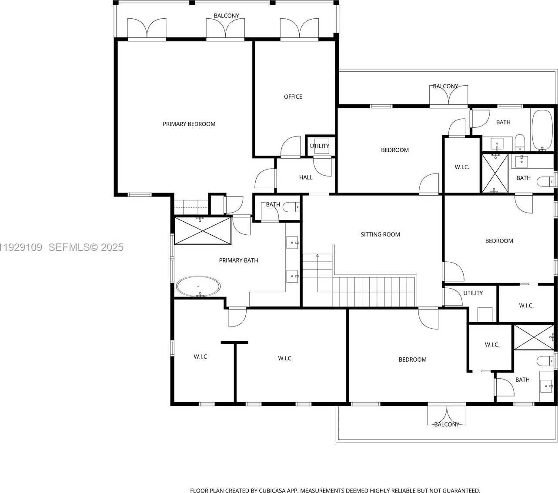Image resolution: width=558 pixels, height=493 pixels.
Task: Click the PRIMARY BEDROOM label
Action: point(189,124)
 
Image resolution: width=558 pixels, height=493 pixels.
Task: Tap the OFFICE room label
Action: point(293,97)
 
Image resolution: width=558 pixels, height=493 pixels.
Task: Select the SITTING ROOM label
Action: point(381,234)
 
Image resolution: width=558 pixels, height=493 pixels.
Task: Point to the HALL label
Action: point(306,177)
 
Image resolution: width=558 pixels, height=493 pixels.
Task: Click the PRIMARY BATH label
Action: point(238,260)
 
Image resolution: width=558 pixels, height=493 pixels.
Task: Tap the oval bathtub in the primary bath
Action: point(198,286)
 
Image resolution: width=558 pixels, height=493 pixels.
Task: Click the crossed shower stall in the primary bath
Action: point(203,231)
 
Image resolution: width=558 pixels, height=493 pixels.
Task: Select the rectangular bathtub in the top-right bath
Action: point(542,130)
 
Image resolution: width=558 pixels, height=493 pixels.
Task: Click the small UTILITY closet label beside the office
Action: point(320,146)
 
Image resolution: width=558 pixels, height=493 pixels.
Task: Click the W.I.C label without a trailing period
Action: point(200,356)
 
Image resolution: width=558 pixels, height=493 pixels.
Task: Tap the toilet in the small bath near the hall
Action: point(291,207)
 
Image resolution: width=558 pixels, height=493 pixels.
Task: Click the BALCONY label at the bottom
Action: point(447,424)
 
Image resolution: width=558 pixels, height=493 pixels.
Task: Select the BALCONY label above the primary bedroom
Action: point(227,16)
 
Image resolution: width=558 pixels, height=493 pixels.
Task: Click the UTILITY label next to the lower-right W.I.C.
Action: point(473,293)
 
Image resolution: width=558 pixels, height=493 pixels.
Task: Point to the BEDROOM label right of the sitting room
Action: point(499,241)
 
